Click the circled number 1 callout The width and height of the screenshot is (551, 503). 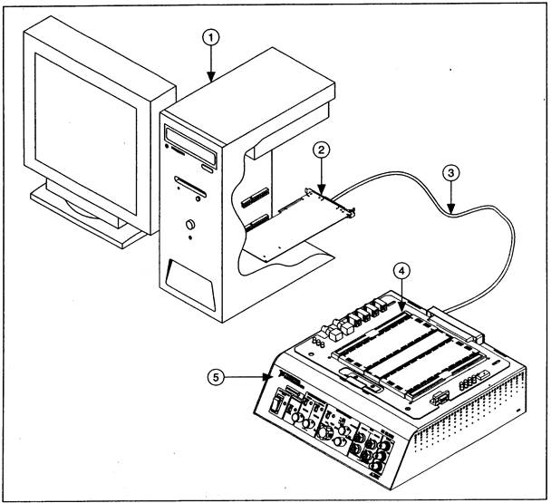(210, 37)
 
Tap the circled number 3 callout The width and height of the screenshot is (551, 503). (452, 172)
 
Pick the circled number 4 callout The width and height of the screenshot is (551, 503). (401, 272)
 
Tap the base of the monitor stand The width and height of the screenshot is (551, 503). (86, 213)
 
